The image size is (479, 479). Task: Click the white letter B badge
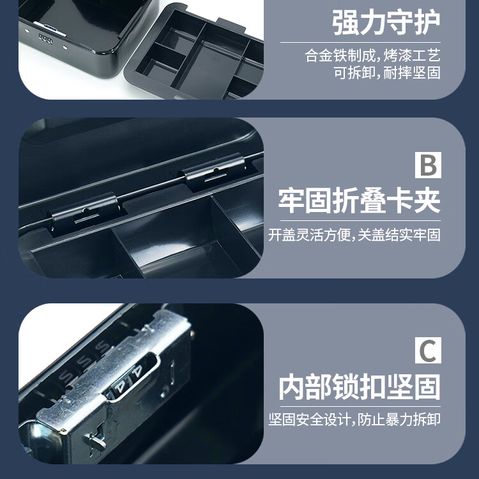pyautogui.click(x=428, y=165)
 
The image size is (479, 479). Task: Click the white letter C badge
pyautogui.click(x=428, y=350)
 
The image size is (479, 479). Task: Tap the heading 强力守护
pyautogui.click(x=386, y=22)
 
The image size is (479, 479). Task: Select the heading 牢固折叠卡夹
pyautogui.click(x=360, y=201)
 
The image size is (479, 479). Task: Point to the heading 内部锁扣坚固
pyautogui.click(x=360, y=387)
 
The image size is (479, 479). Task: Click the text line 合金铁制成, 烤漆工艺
pyautogui.click(x=373, y=56)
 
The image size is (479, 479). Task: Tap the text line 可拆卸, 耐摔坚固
pyautogui.click(x=387, y=73)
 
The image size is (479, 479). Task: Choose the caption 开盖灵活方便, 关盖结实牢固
pyautogui.click(x=354, y=235)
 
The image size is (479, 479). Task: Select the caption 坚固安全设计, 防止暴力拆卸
pyautogui.click(x=354, y=420)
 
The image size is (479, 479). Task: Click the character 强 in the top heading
pyautogui.click(x=346, y=22)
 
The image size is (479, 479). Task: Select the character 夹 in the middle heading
pyautogui.click(x=427, y=201)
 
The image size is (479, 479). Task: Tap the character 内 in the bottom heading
pyautogui.click(x=292, y=387)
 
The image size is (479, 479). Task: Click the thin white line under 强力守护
pyautogui.click(x=360, y=42)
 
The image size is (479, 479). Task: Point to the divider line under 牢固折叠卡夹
pyautogui.click(x=360, y=220)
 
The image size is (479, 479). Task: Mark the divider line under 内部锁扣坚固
pyautogui.click(x=360, y=407)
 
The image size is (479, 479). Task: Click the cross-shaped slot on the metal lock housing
pyautogui.click(x=96, y=438)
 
